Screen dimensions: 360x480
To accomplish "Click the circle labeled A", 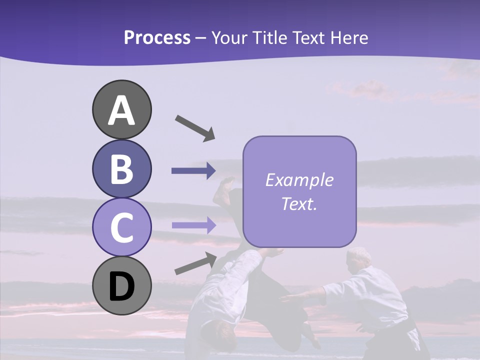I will (x=121, y=109).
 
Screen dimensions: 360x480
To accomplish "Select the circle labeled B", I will (x=121, y=168).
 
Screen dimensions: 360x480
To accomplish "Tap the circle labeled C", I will (x=121, y=227).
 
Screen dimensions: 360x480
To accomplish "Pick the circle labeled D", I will (x=121, y=285).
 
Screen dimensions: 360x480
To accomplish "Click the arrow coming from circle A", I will (x=195, y=127).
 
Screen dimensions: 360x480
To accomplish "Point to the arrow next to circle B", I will (x=193, y=171).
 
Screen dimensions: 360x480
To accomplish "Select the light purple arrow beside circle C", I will (x=193, y=225).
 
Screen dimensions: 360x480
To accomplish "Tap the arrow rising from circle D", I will (x=195, y=263).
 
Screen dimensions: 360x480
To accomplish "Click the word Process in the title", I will (x=157, y=37).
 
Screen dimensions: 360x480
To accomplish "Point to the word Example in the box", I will (x=299, y=180).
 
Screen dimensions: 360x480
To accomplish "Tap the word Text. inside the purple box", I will (x=299, y=203).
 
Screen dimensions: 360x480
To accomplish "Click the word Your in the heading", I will (x=228, y=38).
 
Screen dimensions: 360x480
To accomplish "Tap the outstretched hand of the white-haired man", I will (x=287, y=298).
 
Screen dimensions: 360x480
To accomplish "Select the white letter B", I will (x=121, y=169).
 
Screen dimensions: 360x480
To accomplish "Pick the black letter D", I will (x=121, y=286).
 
